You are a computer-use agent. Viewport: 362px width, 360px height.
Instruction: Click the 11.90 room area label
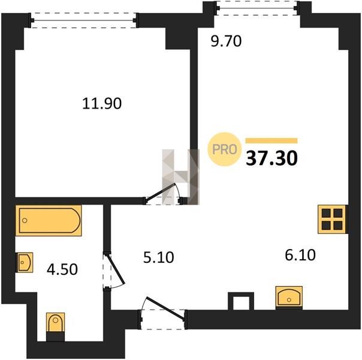102,103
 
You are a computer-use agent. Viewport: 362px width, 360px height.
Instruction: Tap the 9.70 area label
227,41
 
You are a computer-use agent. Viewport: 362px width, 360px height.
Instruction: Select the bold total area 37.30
271,158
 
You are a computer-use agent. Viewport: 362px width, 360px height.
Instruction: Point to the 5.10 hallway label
158,257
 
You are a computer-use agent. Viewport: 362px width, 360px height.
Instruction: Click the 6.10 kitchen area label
300,255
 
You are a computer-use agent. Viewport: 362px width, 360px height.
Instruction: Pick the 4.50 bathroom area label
62,269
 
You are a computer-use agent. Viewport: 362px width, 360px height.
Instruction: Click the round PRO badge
224,149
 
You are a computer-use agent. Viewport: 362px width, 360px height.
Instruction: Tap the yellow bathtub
49,220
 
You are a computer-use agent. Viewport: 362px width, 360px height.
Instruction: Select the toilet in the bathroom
55,327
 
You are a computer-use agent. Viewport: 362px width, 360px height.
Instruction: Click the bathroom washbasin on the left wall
24,262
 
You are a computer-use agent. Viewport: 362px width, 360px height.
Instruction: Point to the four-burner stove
333,219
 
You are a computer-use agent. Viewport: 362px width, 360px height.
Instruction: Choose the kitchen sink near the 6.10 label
289,298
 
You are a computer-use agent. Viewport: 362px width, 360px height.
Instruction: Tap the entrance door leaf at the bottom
165,308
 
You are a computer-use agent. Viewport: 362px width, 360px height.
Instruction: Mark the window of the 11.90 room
83,20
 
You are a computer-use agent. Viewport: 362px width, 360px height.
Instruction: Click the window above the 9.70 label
257,8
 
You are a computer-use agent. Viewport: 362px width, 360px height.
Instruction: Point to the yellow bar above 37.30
271,141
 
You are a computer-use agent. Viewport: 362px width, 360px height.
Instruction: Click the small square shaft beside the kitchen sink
241,301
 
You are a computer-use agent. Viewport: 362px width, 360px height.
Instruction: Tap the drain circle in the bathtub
25,220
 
